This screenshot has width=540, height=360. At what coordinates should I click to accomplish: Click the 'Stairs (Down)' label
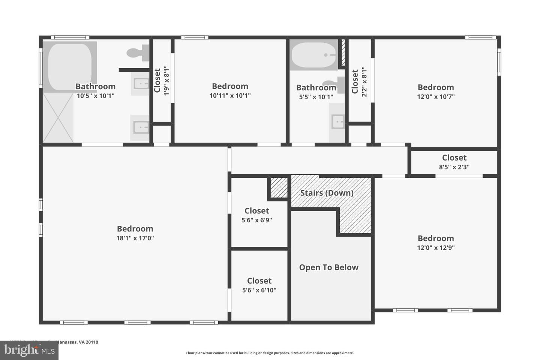(x=327, y=193)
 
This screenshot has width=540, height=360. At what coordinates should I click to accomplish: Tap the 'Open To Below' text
(x=328, y=267)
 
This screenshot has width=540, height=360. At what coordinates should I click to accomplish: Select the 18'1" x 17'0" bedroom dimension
(x=135, y=238)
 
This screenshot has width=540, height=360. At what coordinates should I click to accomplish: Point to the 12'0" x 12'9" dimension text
(x=436, y=247)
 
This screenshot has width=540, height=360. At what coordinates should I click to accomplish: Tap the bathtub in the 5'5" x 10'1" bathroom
(x=313, y=55)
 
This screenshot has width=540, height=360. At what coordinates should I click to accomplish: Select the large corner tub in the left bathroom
(x=70, y=66)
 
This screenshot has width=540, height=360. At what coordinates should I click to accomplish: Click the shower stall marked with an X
(x=58, y=118)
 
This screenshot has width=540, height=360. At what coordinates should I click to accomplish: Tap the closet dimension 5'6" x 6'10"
(x=259, y=290)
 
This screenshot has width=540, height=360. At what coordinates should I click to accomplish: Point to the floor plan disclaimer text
(x=270, y=353)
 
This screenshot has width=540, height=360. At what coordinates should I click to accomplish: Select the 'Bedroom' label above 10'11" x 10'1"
(x=230, y=86)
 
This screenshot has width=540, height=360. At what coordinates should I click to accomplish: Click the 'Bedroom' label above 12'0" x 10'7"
(x=436, y=87)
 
